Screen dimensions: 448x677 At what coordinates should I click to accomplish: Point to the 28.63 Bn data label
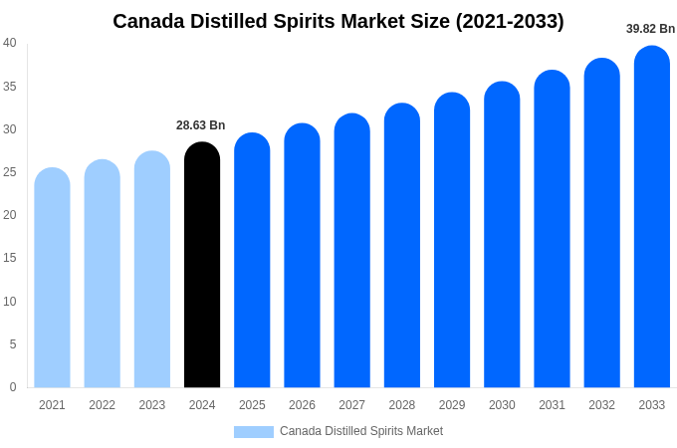201,125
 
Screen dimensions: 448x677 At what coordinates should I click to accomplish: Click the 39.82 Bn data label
650,29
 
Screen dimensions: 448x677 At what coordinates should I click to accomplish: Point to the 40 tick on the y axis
10,43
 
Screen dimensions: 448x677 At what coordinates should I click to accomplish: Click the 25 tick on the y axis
10,172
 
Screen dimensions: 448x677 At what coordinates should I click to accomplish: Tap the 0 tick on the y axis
13,387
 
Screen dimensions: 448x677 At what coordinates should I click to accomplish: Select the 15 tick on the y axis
10,258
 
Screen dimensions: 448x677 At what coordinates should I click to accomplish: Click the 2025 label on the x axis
252,405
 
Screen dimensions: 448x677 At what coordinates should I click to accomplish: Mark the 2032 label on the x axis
601,405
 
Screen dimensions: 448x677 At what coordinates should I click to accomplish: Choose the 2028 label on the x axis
402,405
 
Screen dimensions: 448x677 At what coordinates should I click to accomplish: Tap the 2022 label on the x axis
102,405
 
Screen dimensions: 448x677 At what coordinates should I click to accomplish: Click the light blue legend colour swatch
254,432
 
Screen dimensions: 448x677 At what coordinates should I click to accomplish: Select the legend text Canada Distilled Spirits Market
361,431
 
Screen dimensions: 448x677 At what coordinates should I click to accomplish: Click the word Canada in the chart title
150,21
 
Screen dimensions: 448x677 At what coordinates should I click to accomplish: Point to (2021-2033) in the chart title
510,21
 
